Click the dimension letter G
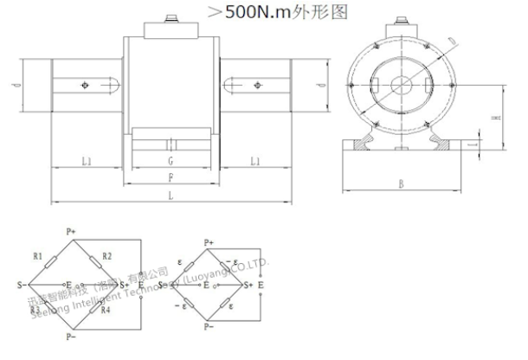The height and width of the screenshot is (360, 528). click(170, 162)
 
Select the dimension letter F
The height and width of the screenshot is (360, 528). click(170, 177)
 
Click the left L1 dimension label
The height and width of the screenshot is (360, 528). click(87, 162)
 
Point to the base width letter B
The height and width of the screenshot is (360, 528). click(402, 183)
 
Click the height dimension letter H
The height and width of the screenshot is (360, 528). click(493, 117)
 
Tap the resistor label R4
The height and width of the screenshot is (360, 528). click(106, 310)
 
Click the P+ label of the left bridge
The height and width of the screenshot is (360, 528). click(71, 232)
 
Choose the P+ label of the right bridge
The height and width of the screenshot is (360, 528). click(208, 241)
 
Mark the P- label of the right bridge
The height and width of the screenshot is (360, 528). click(208, 327)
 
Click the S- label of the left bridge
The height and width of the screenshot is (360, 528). click(20, 283)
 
